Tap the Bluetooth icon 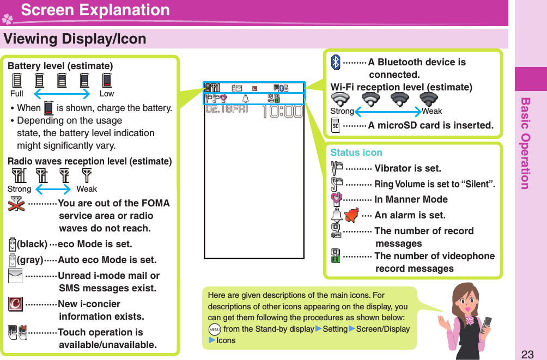[336, 62]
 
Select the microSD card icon [336, 126]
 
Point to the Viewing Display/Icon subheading [75, 39]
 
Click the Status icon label [356, 152]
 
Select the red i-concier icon [15, 304]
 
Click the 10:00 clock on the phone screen [282, 112]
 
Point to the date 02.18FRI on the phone [227, 109]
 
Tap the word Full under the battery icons [17, 94]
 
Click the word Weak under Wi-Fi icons [432, 111]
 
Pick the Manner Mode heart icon [336, 199]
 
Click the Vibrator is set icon [336, 168]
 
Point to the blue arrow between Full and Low [61, 94]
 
